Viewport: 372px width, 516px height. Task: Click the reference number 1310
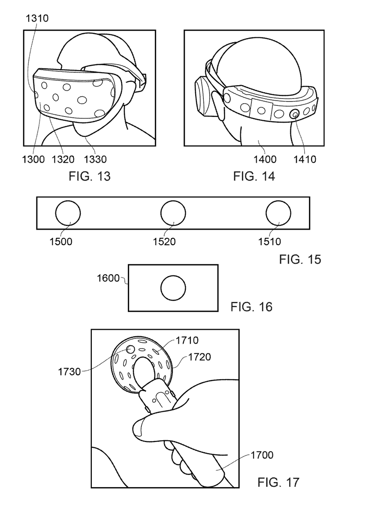[37, 18]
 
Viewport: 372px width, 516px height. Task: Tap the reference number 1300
[33, 160]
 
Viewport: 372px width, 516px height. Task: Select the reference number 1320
[63, 160]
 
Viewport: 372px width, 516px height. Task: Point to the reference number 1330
[95, 160]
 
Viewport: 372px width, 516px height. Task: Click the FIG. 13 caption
[90, 176]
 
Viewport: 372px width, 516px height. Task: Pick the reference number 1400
[265, 160]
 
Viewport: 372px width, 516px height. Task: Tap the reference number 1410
[305, 160]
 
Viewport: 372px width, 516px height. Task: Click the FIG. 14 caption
[254, 176]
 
